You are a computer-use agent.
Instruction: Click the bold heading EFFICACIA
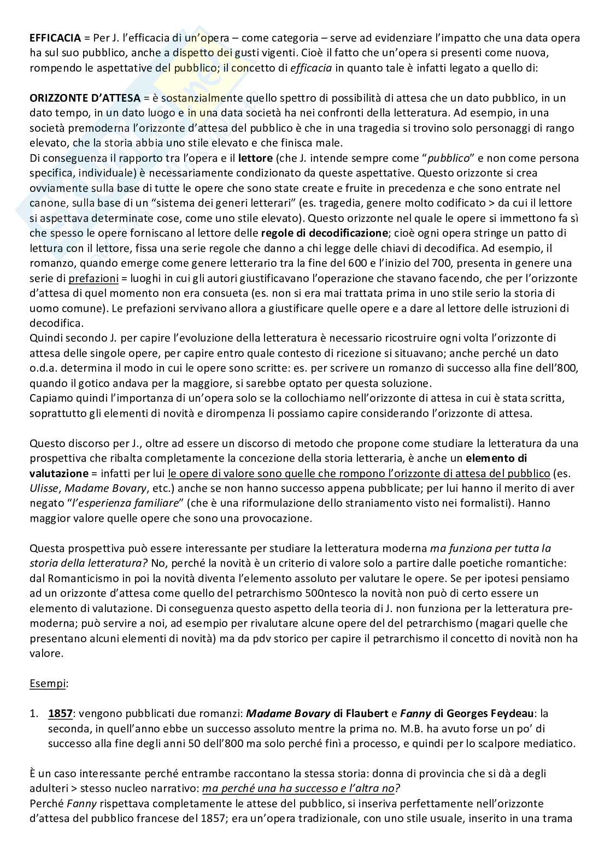click(52, 38)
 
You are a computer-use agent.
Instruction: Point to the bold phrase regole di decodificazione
click(325, 233)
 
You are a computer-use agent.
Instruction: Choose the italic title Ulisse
click(42, 488)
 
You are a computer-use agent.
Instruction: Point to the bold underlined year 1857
click(59, 713)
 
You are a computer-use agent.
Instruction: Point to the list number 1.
click(33, 713)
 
